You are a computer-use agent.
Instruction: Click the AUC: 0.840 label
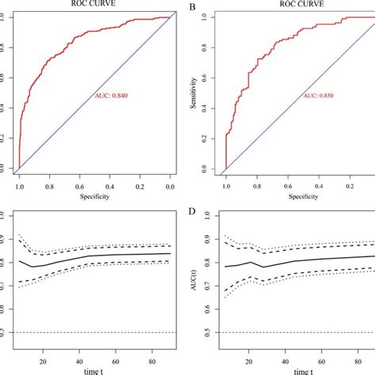pyautogui.click(x=113, y=96)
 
